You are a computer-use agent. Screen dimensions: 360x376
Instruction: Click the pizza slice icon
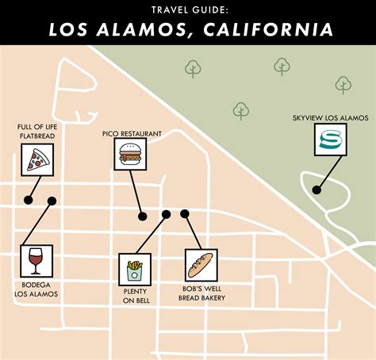36,163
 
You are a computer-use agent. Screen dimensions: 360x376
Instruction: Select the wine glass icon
35,260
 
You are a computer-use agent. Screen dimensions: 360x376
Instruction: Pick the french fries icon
134,270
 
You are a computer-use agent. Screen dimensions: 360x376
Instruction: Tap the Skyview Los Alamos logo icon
329,143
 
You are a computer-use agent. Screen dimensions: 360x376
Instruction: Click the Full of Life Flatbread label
35,131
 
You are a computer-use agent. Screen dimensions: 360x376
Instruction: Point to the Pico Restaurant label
132,134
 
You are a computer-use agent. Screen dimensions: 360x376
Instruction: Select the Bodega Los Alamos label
35,289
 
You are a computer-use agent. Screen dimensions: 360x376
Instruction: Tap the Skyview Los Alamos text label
330,118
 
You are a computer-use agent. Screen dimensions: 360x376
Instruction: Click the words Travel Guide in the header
188,10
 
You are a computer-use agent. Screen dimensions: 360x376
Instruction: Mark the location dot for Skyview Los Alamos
317,190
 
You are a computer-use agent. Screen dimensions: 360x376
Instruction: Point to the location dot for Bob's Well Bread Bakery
185,213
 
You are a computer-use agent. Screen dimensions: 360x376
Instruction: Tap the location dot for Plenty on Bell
167,214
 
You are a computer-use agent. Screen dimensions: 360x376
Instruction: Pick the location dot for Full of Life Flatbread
29,201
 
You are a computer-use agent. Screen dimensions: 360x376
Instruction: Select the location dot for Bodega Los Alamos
52,201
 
